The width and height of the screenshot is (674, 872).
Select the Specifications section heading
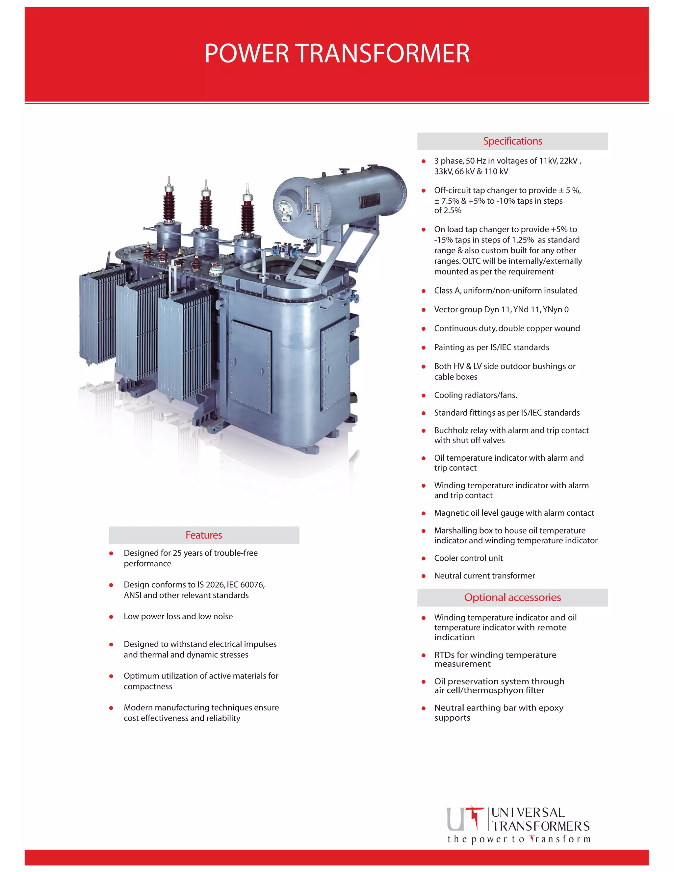pos(512,141)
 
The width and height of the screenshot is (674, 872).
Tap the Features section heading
pos(204,535)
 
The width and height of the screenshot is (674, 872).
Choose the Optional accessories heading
pos(512,597)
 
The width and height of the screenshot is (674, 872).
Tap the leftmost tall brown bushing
pos(169,205)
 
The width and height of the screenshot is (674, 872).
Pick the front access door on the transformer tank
pos(250,367)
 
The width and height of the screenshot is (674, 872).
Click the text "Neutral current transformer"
pos(484,576)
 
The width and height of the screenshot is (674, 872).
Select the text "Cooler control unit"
pos(468,558)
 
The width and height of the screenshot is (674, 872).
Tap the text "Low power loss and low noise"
pos(178,616)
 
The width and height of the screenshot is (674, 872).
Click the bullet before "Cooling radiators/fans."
pos(424,396)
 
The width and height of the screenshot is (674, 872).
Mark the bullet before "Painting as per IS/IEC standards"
pos(424,348)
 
